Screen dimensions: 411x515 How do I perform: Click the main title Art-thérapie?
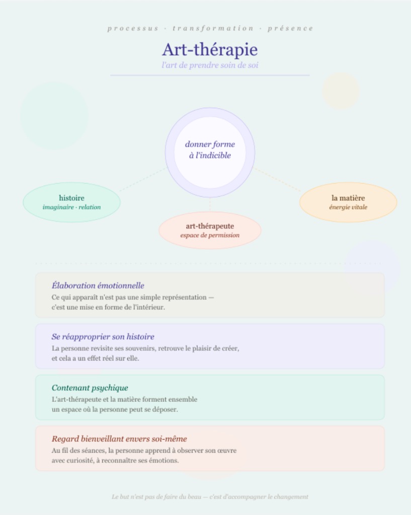point(210,50)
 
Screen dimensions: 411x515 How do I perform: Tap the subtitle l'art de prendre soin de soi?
point(210,65)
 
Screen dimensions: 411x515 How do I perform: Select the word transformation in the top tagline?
point(213,28)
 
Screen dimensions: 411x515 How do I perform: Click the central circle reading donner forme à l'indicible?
point(210,153)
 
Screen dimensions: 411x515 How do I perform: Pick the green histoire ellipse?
point(71,202)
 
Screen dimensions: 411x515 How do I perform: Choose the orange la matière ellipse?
point(348,202)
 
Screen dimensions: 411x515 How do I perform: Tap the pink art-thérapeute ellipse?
point(210,230)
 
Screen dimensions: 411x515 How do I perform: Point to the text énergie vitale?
point(348,207)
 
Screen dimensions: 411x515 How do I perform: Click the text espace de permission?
point(210,235)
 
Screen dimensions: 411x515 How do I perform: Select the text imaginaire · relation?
point(71,207)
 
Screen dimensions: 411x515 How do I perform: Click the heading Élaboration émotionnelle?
point(98,286)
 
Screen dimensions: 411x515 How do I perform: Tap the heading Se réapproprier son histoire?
point(103,336)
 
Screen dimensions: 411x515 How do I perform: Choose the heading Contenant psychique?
point(90,388)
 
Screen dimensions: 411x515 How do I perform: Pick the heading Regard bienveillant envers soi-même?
point(119,439)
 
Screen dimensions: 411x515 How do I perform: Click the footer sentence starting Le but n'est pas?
point(210,496)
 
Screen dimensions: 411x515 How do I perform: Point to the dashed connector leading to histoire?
point(143,180)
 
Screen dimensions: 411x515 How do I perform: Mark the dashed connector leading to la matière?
point(277,180)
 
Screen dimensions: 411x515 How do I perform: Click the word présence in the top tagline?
point(290,28)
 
